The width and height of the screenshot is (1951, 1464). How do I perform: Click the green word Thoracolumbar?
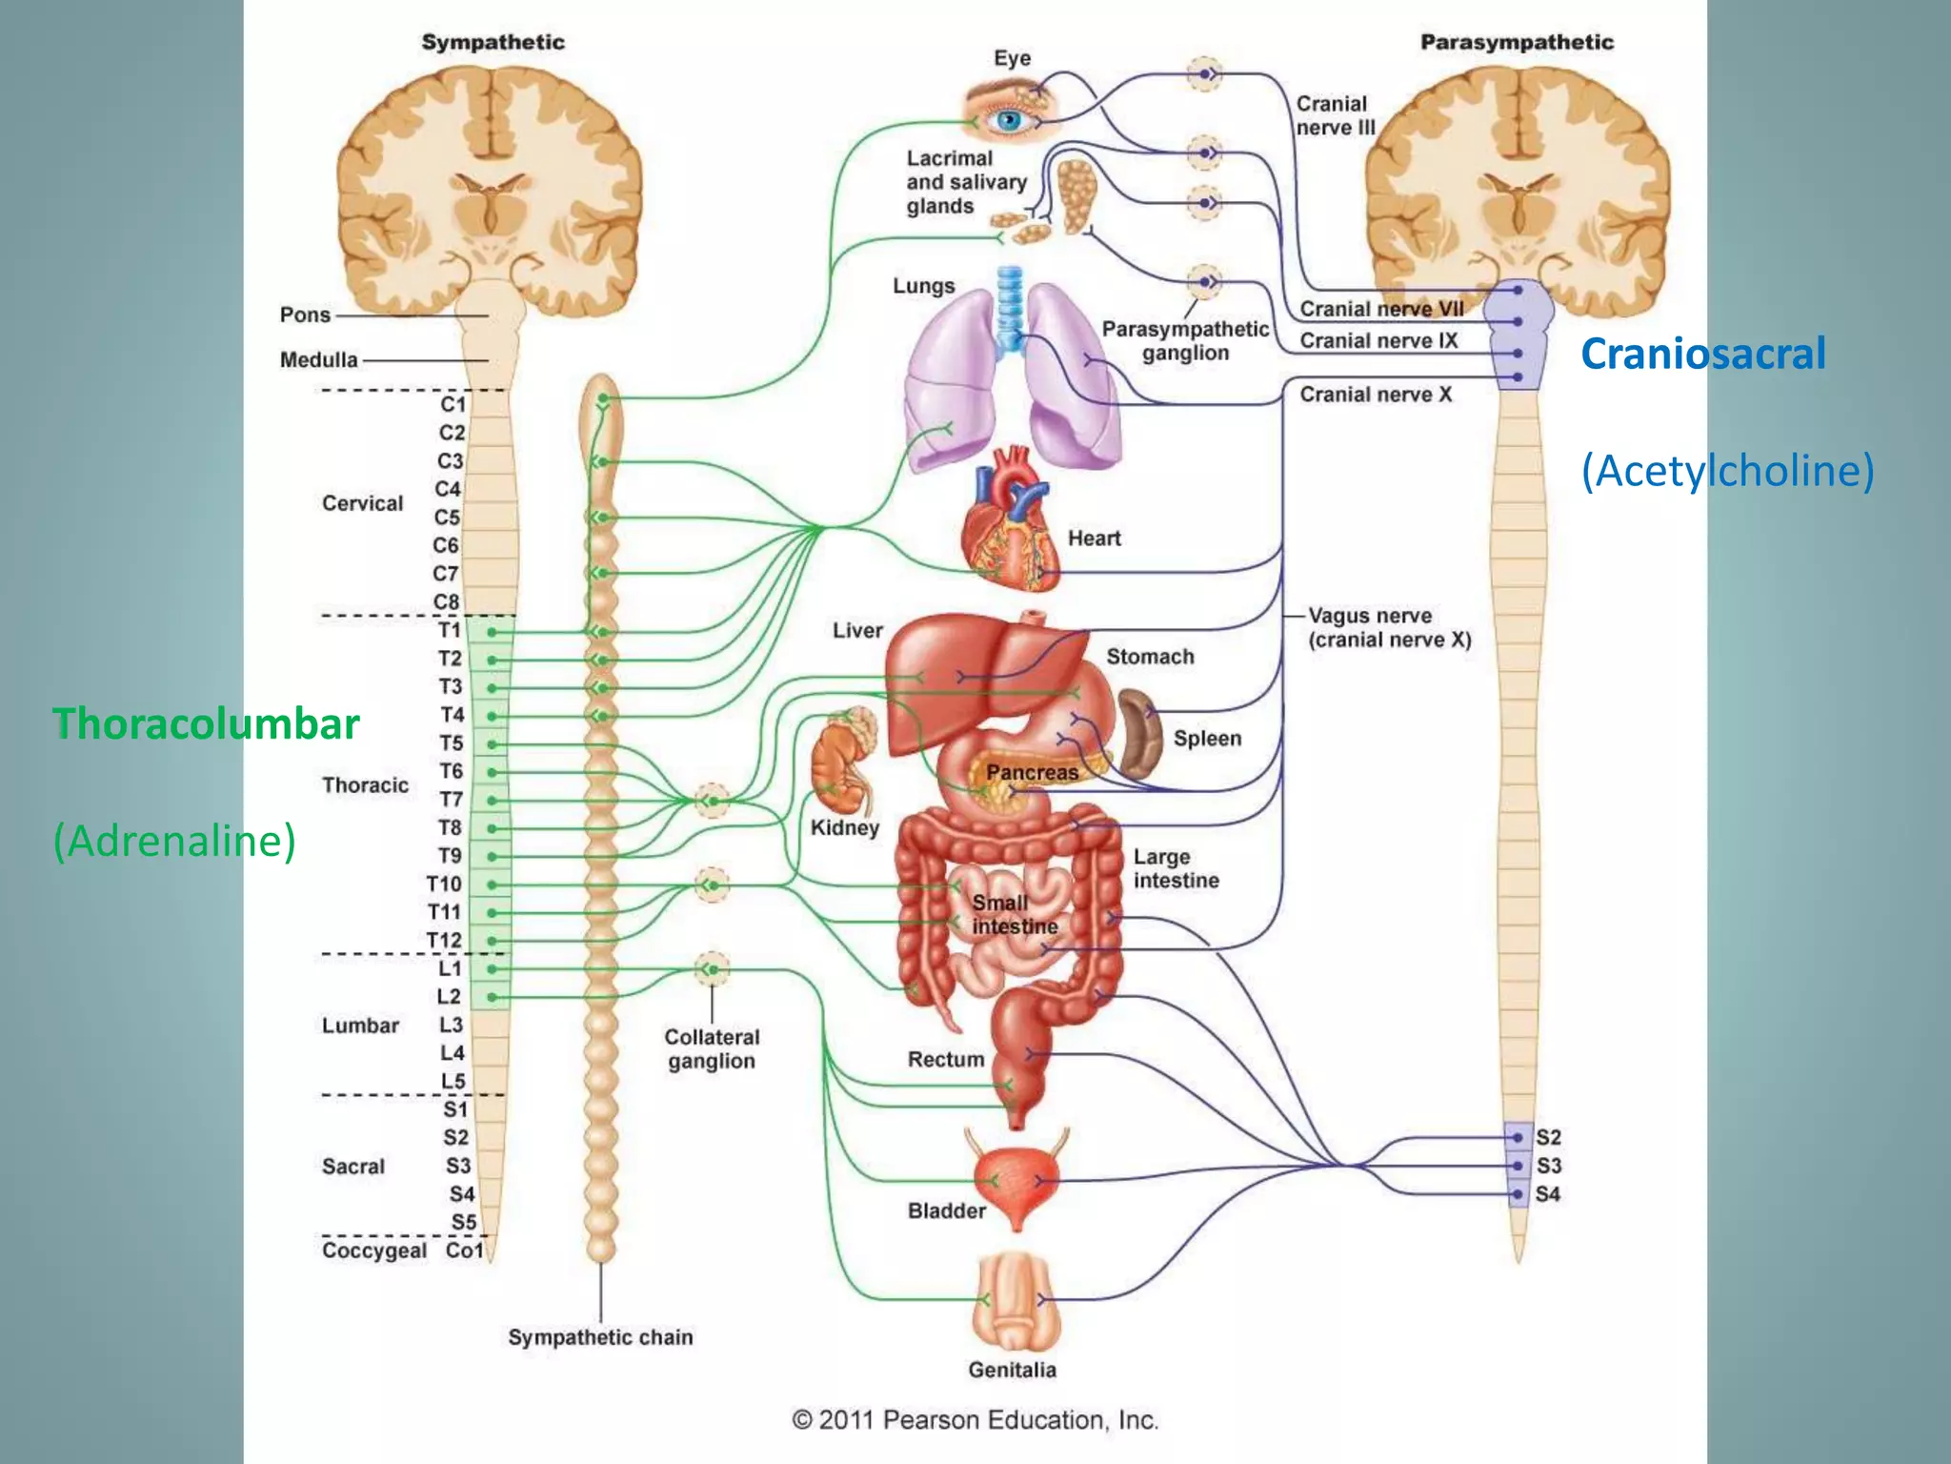coord(206,724)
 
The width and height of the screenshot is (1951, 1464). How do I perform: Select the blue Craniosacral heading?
coord(1702,354)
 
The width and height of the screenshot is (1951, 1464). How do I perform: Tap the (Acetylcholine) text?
coord(1727,471)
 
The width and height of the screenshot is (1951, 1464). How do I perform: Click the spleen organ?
coord(1138,734)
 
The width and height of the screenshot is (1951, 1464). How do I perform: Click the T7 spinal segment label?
coord(451,800)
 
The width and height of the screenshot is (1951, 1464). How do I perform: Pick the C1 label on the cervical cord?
coord(453,404)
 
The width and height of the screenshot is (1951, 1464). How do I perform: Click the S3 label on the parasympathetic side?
coord(1549,1166)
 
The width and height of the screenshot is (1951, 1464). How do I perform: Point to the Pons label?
coord(305,315)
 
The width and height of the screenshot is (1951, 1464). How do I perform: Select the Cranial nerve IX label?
coord(1378,341)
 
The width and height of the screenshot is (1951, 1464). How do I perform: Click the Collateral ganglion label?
coord(712,1048)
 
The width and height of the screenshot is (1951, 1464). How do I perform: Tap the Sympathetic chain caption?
coord(600,1337)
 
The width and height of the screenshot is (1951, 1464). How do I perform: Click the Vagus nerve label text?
coord(1370,616)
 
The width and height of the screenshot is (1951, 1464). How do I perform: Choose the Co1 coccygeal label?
coord(464,1250)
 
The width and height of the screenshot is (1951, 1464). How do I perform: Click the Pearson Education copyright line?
coord(975,1420)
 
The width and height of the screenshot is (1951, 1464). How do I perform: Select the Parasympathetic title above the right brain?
coord(1517,42)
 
